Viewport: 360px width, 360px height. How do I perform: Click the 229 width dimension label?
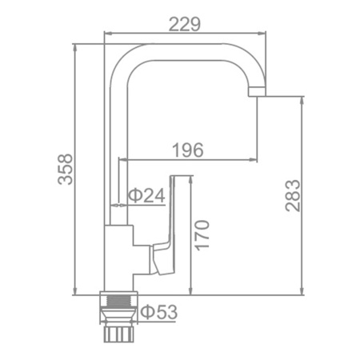(185, 24)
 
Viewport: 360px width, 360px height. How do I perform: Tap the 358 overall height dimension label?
(65, 169)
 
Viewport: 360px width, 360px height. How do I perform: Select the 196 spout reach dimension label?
(188, 150)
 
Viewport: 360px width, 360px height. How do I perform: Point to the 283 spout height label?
(293, 196)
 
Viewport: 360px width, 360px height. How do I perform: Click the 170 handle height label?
(202, 235)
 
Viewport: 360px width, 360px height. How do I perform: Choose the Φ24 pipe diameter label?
(146, 195)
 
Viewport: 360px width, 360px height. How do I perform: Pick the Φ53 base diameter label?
(158, 312)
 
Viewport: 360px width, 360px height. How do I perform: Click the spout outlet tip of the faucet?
(257, 92)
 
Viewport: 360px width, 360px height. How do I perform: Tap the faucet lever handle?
(163, 226)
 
